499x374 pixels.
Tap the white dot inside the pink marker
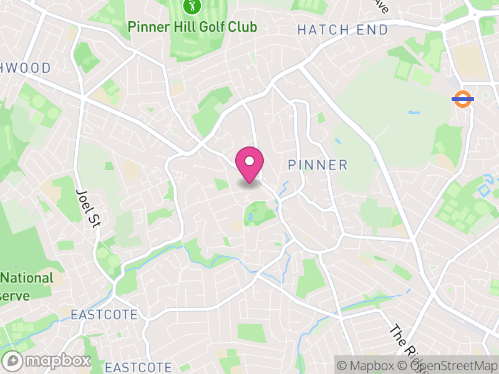tap(249, 161)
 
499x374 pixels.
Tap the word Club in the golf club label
tap(243, 27)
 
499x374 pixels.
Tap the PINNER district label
tap(317, 165)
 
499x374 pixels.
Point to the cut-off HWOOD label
tap(25, 68)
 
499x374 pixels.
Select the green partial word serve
tap(15, 295)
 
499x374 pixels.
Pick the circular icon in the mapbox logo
tap(12, 361)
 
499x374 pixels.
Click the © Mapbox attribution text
tap(368, 365)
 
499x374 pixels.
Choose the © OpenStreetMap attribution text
tap(449, 365)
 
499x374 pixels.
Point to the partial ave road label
tap(382, 6)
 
